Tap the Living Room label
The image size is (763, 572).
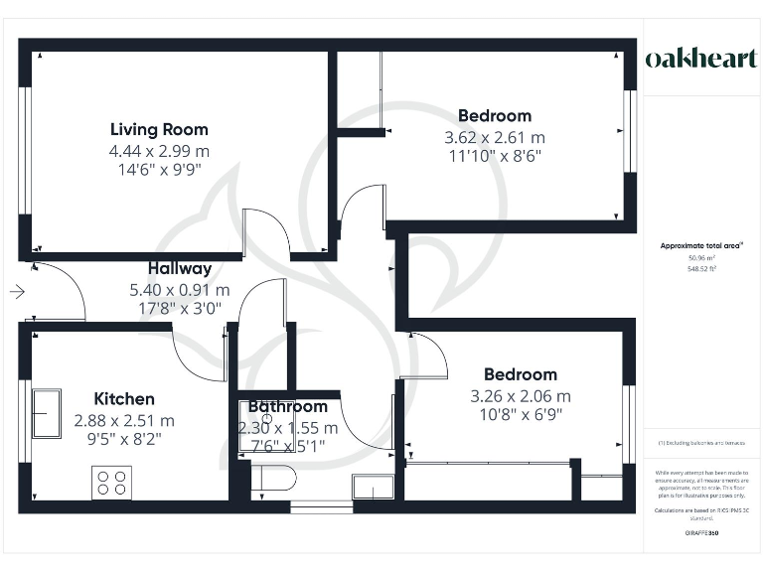point(159,129)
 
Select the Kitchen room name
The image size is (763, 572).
point(124,399)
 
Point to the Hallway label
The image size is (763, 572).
point(180,268)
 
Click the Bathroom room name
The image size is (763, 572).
point(287,406)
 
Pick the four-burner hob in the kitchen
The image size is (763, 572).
point(112,482)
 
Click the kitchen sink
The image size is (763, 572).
point(46,413)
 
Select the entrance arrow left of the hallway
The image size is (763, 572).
point(17,292)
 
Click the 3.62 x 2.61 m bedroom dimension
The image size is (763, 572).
point(494,138)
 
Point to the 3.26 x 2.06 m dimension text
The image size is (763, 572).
point(521,396)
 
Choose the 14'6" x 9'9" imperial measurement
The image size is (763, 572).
point(159,170)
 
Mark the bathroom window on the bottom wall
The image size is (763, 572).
point(320,507)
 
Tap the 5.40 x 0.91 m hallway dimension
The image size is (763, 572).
point(180,290)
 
